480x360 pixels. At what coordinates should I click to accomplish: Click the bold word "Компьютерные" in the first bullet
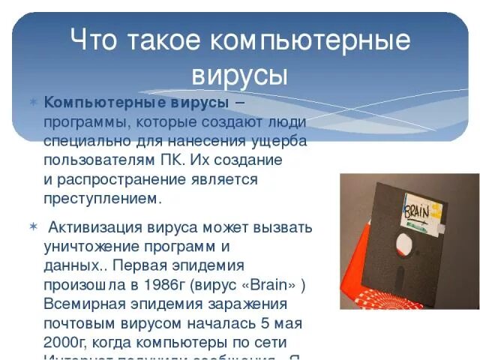[92, 102]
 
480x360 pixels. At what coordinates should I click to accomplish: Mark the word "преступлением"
[101, 199]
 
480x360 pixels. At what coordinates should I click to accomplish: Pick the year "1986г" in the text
[167, 285]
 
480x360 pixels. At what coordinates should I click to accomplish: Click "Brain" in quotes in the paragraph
[264, 285]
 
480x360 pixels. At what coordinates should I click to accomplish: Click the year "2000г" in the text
[62, 343]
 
